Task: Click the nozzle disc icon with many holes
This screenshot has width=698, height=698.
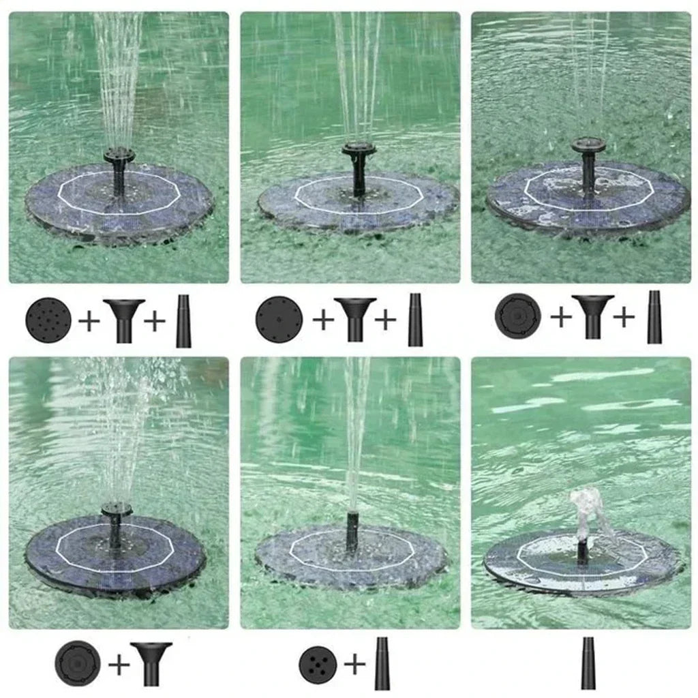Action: (x=48, y=319)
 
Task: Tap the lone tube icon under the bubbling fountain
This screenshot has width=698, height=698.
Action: (x=588, y=663)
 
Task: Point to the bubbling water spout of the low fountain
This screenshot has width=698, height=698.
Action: (x=587, y=508)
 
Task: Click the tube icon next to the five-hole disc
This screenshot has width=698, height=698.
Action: (x=382, y=663)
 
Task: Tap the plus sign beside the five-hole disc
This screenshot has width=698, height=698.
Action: (x=354, y=665)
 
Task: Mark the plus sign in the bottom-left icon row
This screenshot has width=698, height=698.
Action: (x=119, y=664)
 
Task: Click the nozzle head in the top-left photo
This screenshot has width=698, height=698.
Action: (x=119, y=154)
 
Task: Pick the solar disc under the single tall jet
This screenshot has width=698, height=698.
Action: (x=352, y=556)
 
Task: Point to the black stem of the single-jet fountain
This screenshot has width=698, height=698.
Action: (x=352, y=532)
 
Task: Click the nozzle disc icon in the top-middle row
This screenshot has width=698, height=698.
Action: (x=279, y=319)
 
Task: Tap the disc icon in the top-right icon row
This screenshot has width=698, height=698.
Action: (x=517, y=316)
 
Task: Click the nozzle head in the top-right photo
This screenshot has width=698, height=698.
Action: (x=588, y=145)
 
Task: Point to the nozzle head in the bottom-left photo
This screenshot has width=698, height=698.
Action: (x=117, y=509)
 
